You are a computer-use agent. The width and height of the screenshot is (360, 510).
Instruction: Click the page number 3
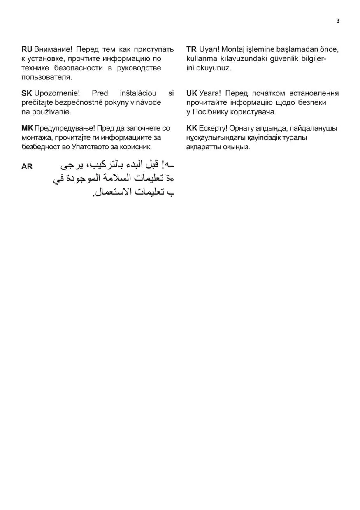point(338,21)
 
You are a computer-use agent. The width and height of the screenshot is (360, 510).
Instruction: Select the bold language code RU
point(27,49)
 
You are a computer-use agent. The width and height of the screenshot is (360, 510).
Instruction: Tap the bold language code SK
point(27,93)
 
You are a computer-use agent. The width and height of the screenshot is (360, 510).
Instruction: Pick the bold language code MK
point(27,128)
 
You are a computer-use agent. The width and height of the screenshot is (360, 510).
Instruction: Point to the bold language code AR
point(27,167)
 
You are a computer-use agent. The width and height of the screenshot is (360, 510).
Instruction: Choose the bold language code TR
point(191,49)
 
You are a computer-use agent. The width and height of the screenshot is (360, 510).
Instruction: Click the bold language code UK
point(192,93)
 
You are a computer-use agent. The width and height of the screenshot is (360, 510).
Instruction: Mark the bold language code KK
point(192,128)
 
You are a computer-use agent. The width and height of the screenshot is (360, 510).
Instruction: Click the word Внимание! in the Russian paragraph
point(53,49)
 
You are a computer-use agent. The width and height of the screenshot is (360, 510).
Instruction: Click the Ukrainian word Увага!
point(210,93)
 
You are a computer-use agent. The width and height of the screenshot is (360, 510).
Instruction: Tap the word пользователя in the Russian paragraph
point(46,77)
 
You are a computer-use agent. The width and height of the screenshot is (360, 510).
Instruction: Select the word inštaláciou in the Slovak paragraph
point(137,93)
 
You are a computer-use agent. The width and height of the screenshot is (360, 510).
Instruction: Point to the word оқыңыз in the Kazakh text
point(235,147)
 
